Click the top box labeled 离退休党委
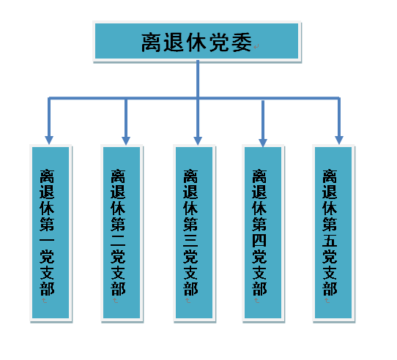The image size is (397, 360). [197, 41]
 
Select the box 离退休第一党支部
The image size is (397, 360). [51, 233]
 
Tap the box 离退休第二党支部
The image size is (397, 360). [122, 233]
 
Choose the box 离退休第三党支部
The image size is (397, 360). [194, 233]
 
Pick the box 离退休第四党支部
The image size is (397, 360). [263, 233]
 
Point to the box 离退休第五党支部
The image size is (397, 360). [333, 233]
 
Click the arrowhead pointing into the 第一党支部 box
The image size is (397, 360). [49, 140]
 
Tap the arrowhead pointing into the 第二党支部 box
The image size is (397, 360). [126, 140]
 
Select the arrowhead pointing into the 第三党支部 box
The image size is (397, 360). [198, 140]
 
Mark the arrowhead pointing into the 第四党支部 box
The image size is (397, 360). [263, 143]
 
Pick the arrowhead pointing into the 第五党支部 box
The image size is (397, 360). [339, 140]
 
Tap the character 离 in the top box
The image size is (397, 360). [151, 42]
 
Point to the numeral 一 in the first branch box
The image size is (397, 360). [47, 240]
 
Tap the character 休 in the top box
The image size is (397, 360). [196, 42]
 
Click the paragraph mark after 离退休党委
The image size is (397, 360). [256, 47]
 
